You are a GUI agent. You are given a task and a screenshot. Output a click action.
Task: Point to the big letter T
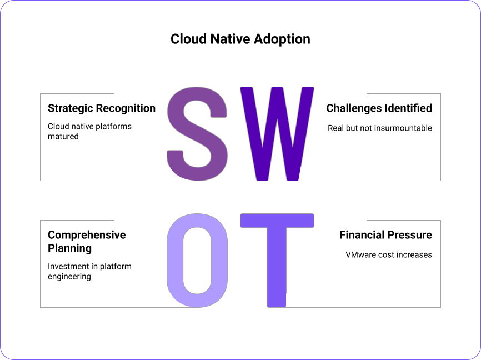point(277,260)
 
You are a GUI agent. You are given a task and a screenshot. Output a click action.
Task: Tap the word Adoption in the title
point(282,39)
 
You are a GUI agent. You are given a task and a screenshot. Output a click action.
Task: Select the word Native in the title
point(230,39)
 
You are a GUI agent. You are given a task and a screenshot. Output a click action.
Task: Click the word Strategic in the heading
point(70,109)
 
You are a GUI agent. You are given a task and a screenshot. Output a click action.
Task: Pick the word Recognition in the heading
point(126,109)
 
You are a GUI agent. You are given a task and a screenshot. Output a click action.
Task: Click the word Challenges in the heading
point(353,109)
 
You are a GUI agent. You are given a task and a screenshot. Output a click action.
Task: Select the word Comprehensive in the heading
point(87,236)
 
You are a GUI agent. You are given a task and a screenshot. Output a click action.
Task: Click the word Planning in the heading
point(69,248)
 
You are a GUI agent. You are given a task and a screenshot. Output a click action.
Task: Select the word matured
point(63,136)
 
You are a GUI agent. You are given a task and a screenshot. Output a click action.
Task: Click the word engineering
point(69,277)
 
